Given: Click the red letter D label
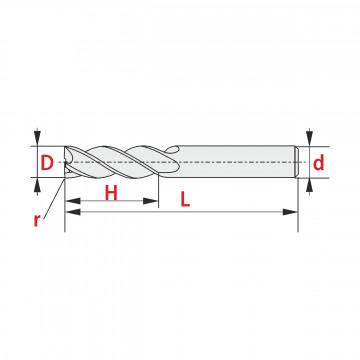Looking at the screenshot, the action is (47, 163).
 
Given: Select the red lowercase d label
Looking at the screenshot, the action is (319, 163).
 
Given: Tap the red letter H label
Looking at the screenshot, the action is (111, 193).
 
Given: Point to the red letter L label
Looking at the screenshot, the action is (185, 200).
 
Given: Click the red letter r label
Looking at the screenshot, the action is (37, 220).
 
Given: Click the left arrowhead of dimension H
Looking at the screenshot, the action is (73, 201).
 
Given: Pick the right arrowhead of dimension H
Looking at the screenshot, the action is (150, 201).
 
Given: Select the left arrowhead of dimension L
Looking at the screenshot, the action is (73, 212).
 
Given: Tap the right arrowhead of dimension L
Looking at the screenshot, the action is (290, 212).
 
